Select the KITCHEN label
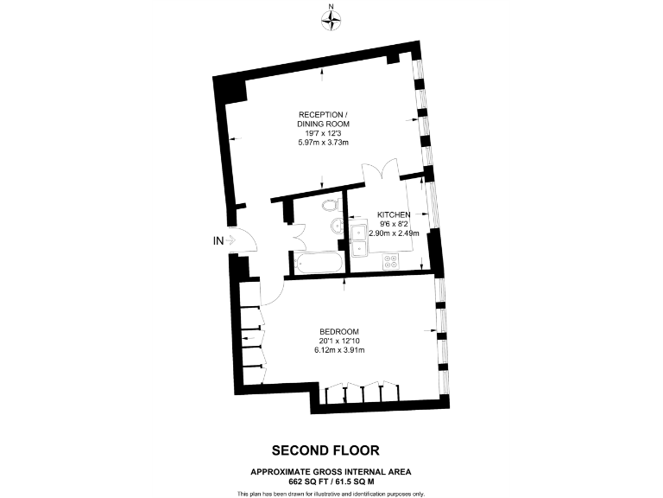(x=393, y=214)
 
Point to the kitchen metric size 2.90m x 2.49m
(x=394, y=233)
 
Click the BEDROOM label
(x=338, y=332)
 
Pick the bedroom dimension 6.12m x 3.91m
(x=340, y=350)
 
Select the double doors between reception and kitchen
(x=381, y=169)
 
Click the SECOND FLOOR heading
(x=325, y=450)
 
